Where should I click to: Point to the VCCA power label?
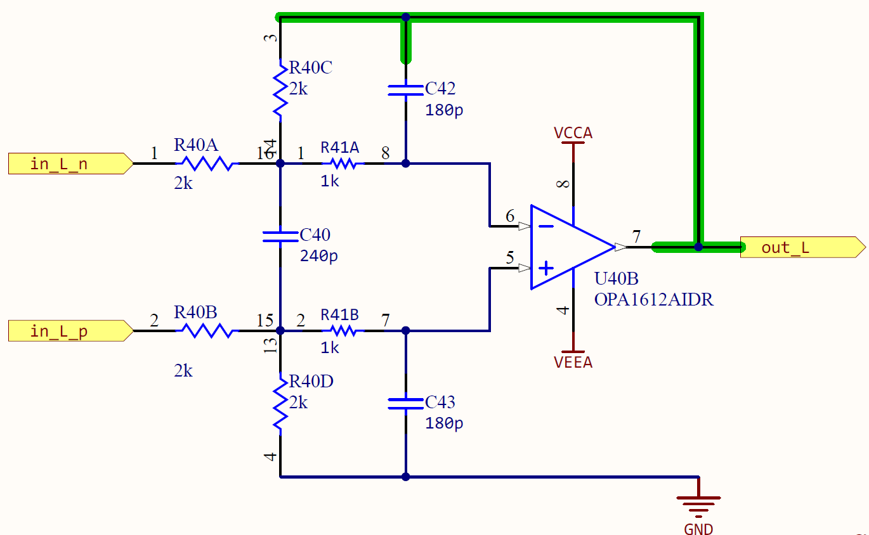[573, 134]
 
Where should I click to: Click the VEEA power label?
[573, 362]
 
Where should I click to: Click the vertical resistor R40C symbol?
[280, 89]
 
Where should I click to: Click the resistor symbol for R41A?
[343, 164]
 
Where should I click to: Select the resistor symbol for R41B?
[343, 331]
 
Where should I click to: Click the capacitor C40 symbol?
[280, 236]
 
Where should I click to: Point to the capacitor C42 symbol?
[406, 90]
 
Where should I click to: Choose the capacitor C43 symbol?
[406, 403]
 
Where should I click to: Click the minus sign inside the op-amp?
[546, 226]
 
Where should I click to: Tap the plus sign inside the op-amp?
[546, 269]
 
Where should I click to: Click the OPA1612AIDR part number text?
[653, 300]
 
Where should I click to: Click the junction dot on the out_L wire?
[698, 247]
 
